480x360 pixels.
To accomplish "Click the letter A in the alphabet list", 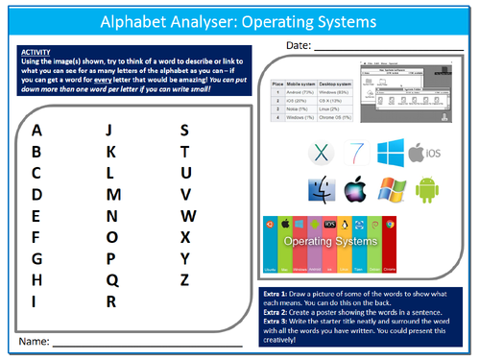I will tap(36, 132).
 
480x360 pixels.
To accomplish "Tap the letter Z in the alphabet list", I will tap(185, 280).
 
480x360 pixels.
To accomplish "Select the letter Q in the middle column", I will tap(111, 280).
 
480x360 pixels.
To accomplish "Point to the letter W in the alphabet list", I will tap(187, 216).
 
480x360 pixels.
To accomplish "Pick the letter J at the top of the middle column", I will tap(109, 132).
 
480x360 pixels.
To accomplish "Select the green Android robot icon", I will tap(426, 190).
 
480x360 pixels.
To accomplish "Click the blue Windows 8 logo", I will tap(392, 153).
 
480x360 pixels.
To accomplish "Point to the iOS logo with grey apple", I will tap(428, 153).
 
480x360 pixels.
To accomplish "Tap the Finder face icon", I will tap(321, 190).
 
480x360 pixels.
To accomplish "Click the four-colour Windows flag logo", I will tap(392, 190).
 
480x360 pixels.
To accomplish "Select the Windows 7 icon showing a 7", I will tap(355, 153).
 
